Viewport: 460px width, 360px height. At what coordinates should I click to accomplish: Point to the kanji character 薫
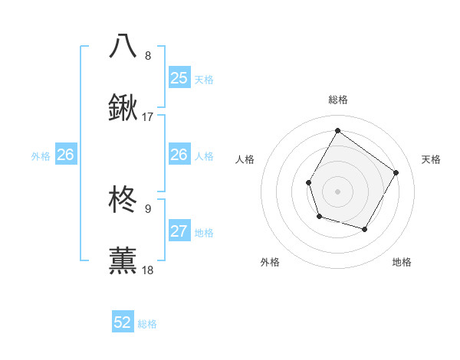(x=123, y=260)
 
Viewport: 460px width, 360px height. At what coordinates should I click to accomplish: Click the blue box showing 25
(x=179, y=77)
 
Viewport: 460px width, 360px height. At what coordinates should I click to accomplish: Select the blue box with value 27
(x=179, y=231)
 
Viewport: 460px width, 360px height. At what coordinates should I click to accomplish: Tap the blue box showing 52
(x=123, y=322)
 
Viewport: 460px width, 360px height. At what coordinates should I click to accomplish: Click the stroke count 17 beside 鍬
(x=148, y=117)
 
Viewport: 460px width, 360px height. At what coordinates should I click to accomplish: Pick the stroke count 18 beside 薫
(x=148, y=270)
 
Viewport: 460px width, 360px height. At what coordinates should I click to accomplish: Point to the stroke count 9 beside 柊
(x=148, y=208)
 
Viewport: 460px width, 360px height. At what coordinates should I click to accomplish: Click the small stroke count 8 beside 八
(x=148, y=55)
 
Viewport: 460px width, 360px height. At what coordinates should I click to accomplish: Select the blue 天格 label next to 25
(x=204, y=79)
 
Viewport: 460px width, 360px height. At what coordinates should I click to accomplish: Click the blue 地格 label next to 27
(x=204, y=233)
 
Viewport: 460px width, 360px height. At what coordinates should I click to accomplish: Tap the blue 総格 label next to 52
(x=147, y=324)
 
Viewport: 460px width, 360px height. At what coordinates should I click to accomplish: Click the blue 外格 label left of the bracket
(x=41, y=156)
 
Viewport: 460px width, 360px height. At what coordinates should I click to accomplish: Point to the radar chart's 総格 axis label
(x=337, y=100)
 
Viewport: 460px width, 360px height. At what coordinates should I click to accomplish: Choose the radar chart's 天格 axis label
(x=431, y=159)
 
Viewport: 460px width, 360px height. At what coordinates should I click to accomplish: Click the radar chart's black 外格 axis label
(x=270, y=263)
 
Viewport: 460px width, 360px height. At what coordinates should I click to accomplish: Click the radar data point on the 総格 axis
(x=337, y=130)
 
